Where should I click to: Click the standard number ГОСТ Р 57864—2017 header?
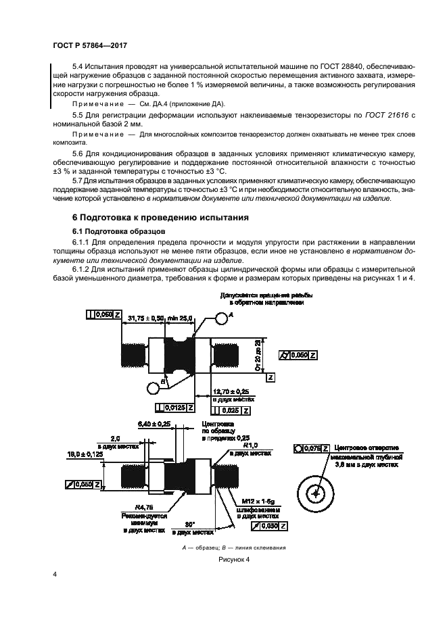point(90,45)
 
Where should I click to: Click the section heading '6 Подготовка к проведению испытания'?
point(151,218)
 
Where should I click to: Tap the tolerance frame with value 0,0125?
point(174,408)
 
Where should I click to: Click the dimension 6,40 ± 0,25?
point(154,423)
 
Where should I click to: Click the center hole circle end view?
point(315,494)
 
